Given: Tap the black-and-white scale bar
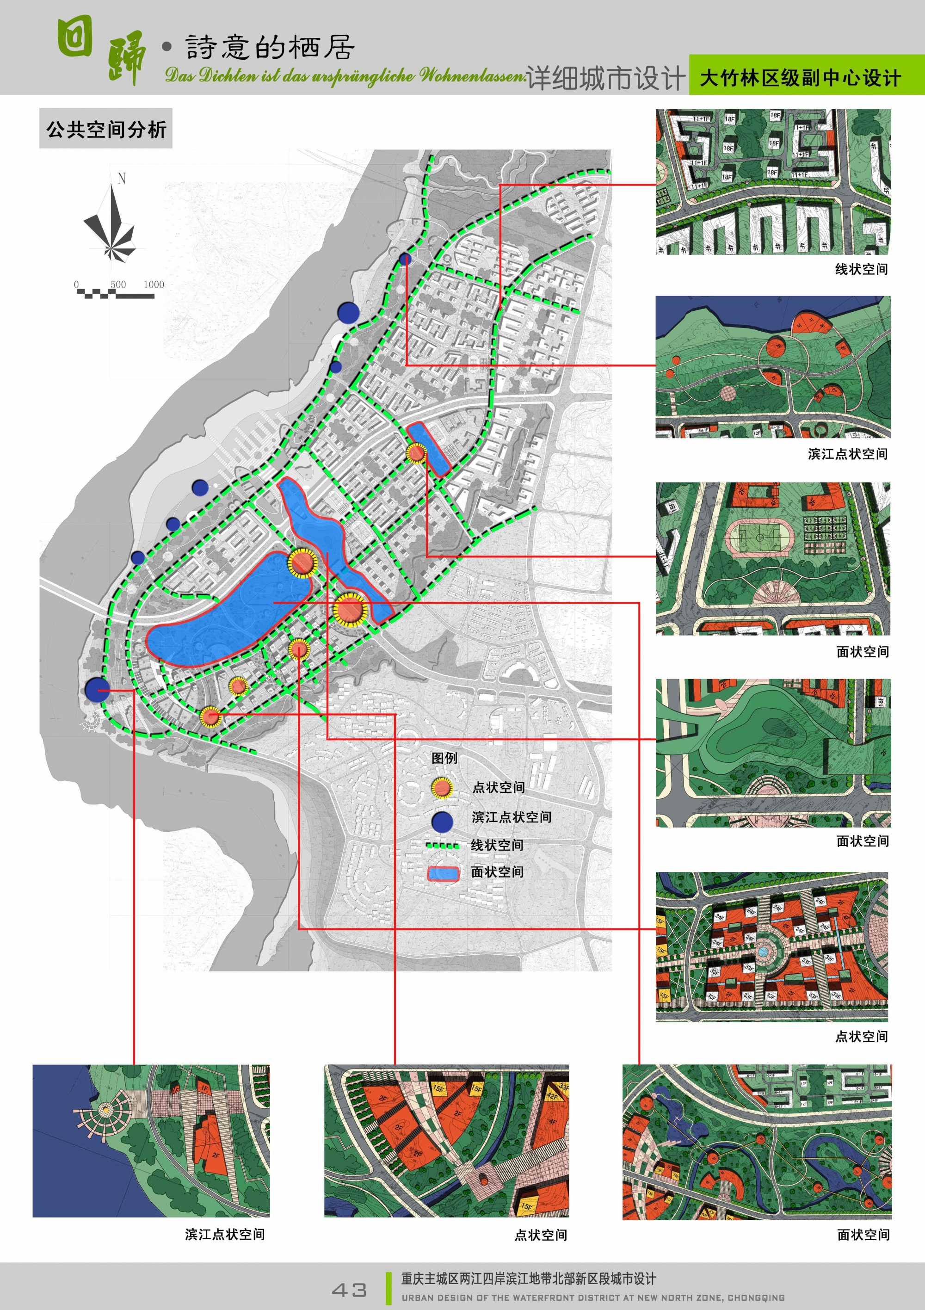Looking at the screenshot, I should pos(115,294).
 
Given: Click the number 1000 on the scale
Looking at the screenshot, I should pos(154,284).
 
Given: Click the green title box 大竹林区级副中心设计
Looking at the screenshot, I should pos(800,78).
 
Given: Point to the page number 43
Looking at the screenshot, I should pos(349,1290).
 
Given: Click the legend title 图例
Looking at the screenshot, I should pos(444,758).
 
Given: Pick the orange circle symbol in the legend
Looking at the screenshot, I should pos(442,788).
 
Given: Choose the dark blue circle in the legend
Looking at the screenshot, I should pos(442,822).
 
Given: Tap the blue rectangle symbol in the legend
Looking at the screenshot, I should pos(444,873).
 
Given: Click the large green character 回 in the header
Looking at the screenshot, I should pos(75,37).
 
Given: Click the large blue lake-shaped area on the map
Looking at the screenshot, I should pos(228,611).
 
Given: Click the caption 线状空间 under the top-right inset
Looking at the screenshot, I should pos(861,269).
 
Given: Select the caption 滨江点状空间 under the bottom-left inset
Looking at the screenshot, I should pos(225,1234).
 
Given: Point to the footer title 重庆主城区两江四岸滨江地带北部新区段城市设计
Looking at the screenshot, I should pos(529,1279).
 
